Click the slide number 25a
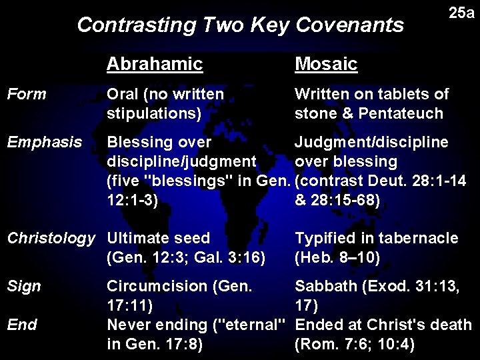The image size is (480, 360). (x=461, y=13)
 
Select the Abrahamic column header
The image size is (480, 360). (x=154, y=64)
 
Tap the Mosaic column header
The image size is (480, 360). (x=326, y=64)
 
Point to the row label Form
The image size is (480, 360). (x=26, y=94)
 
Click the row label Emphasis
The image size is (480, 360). (x=44, y=142)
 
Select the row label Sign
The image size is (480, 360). (x=24, y=286)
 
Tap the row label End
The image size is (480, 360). (x=22, y=325)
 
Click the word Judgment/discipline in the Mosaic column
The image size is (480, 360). (x=371, y=142)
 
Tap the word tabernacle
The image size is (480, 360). (x=421, y=238)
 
